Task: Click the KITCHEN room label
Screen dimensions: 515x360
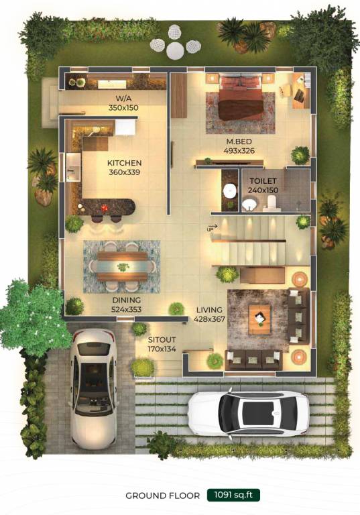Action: click(125, 163)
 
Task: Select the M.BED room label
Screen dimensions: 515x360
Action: click(239, 141)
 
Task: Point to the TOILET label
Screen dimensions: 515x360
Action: click(263, 181)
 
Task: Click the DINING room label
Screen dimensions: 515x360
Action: click(126, 301)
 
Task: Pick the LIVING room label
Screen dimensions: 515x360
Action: click(209, 310)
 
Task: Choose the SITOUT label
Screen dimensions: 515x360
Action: click(162, 340)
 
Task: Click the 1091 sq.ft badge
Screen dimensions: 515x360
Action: click(233, 496)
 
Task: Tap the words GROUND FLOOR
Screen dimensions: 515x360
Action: click(162, 496)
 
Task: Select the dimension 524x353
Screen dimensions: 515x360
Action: click(126, 310)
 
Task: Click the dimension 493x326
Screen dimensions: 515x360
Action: click(239, 150)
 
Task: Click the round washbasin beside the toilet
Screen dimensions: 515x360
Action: click(230, 190)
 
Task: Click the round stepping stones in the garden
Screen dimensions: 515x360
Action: click(174, 40)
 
